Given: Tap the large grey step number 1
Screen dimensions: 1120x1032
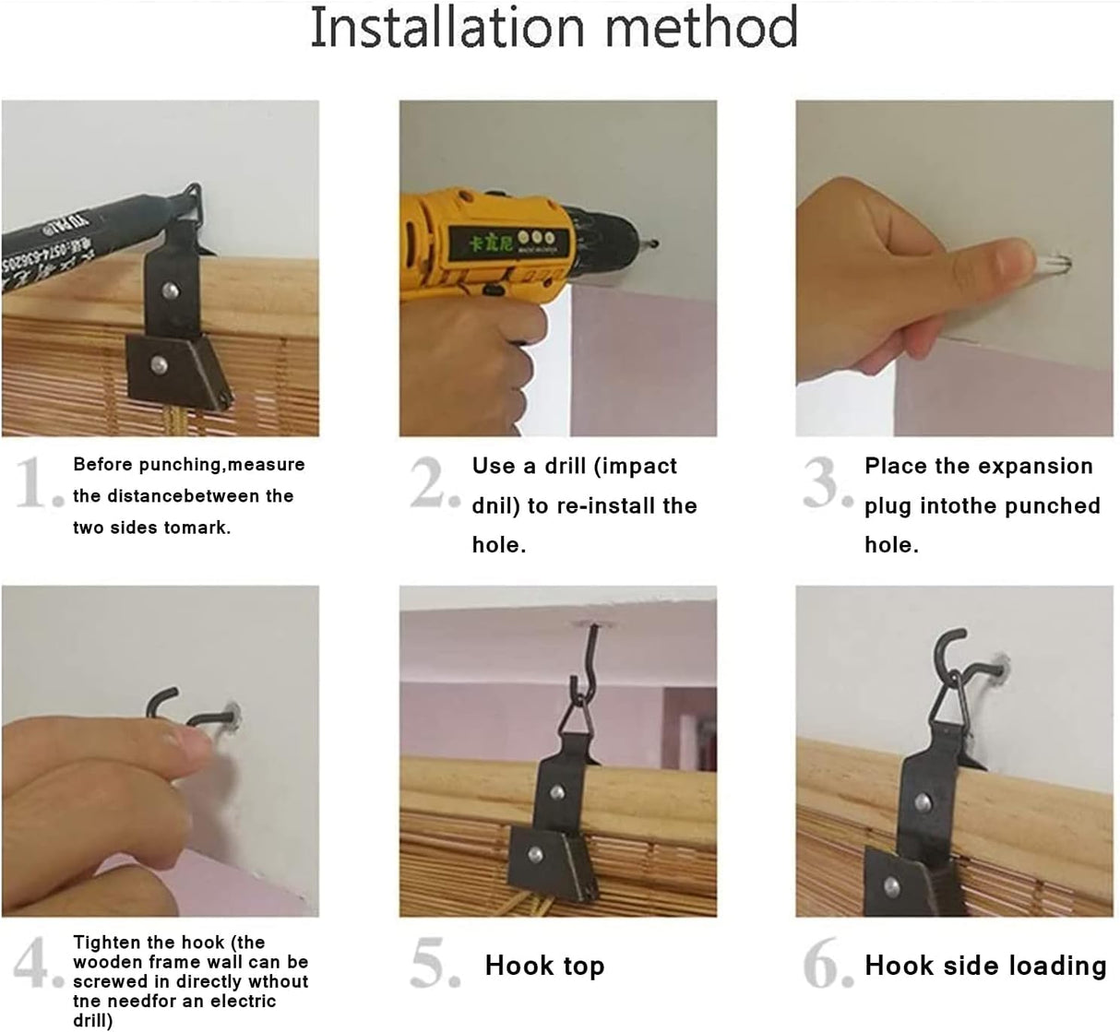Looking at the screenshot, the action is [40, 482].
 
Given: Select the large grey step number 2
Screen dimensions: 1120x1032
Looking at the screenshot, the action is [435, 482].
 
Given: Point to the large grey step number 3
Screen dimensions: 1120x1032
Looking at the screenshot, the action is [828, 482].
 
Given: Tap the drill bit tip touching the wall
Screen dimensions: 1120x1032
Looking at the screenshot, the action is [653, 244].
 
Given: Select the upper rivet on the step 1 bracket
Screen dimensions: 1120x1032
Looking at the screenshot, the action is [171, 291].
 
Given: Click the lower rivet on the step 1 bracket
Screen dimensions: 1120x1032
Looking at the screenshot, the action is [159, 365].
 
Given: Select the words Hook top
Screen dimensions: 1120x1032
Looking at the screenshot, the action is [544, 966].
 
